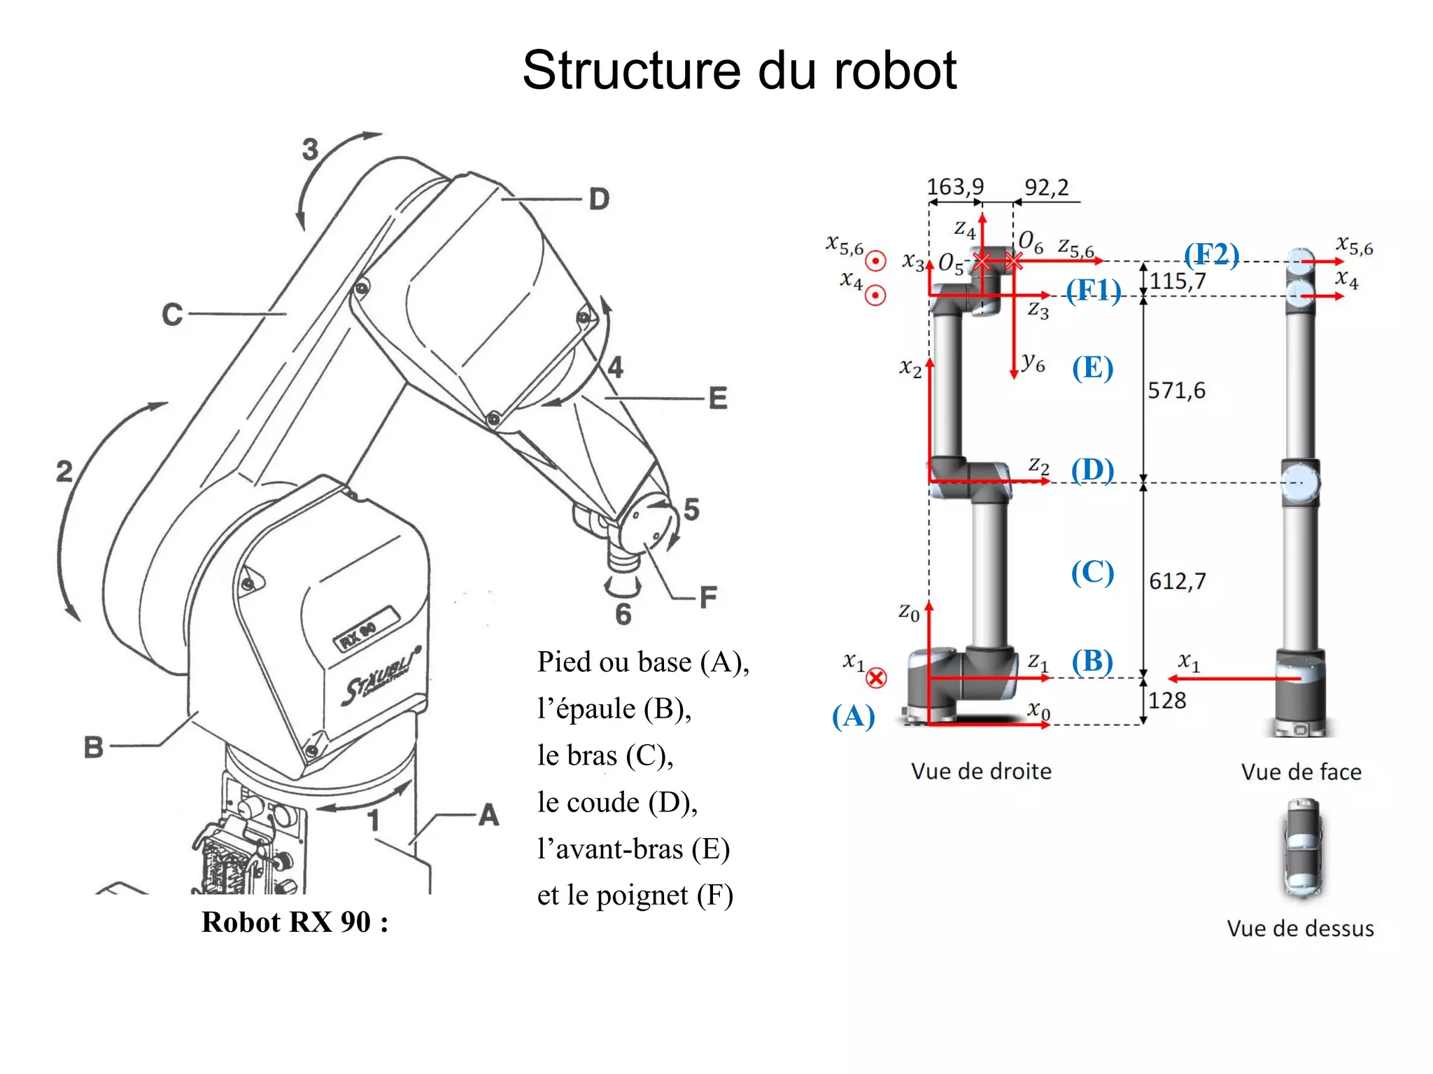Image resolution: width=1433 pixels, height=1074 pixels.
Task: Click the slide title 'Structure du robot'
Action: pos(739,70)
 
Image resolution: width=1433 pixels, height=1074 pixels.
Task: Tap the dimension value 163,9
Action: pos(955,187)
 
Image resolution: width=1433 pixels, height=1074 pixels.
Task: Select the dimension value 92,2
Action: pos(1047,188)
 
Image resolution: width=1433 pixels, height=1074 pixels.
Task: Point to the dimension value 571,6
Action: pos(1177,390)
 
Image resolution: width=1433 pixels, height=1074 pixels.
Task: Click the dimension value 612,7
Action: pos(1178,581)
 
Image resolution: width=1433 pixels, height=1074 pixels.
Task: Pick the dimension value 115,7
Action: pos(1178,281)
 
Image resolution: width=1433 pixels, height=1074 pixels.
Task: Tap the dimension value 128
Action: pos(1167,700)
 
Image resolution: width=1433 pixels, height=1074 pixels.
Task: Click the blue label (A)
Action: pos(853,716)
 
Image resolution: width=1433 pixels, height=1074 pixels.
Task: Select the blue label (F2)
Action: pos(1211,255)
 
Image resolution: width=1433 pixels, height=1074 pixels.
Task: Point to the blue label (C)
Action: pos(1092,573)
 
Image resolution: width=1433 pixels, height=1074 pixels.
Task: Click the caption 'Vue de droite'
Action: pos(981,771)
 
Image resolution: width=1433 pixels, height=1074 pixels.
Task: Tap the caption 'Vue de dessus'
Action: pos(1300,928)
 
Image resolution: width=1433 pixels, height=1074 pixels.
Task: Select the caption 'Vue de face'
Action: pos(1301,772)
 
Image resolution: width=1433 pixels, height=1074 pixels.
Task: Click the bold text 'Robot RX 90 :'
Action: pos(295,922)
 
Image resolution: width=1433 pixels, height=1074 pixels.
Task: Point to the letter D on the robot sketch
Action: pos(599,200)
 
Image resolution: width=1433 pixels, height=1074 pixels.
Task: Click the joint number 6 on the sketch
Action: pos(623,614)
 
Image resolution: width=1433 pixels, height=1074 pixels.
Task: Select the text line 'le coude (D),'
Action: pos(617,802)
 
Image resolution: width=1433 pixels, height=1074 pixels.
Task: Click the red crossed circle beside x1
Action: pos(876,678)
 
